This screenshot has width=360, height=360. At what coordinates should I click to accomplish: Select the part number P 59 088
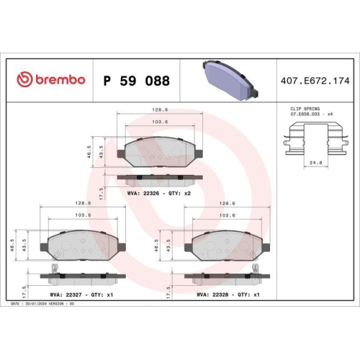[x=137, y=81]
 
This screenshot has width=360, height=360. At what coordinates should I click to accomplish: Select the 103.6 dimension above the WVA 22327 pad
[x=83, y=215]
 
